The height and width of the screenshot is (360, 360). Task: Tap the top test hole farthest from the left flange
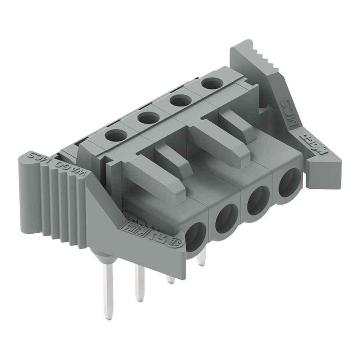[212, 84]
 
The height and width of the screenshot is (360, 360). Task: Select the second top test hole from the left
[149, 118]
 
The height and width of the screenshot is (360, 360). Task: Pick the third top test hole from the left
[180, 100]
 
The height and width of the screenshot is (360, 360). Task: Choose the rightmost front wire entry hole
[289, 182]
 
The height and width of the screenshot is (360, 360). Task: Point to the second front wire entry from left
[226, 219]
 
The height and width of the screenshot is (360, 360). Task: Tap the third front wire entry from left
[258, 200]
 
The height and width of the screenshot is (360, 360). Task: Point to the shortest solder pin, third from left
[170, 279]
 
